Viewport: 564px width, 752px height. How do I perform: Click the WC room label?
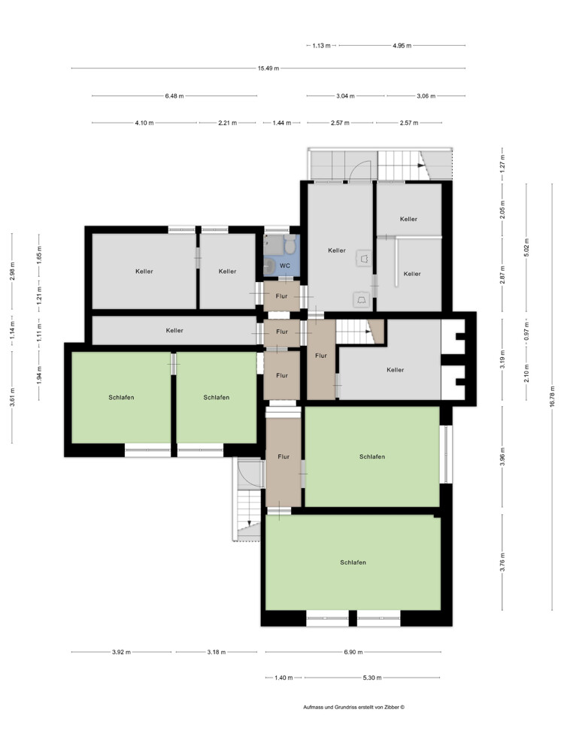click(285, 265)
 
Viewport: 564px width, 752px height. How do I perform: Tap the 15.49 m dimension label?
click(268, 68)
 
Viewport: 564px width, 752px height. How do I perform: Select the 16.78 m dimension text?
click(552, 396)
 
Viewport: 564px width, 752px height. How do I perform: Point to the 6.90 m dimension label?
click(353, 652)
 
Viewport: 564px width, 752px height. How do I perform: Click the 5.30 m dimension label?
click(372, 678)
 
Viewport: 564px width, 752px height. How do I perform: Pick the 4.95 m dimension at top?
click(402, 46)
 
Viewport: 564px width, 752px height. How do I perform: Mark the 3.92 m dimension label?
click(121, 652)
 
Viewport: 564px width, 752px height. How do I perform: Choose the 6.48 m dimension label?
click(174, 96)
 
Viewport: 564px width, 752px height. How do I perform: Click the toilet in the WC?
click(290, 245)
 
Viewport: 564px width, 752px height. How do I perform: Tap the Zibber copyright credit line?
click(354, 707)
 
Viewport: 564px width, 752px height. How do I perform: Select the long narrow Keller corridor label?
click(174, 330)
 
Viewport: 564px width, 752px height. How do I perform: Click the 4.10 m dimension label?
click(144, 123)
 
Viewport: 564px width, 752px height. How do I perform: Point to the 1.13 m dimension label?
click(321, 46)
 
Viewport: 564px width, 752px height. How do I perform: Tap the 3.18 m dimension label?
click(217, 652)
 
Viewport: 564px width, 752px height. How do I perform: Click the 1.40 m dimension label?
click(284, 678)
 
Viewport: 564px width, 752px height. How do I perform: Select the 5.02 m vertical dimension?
click(526, 247)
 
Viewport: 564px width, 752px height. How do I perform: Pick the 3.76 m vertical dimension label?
click(502, 562)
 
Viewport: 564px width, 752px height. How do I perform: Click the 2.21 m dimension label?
click(228, 123)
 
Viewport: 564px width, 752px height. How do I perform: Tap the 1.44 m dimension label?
click(282, 123)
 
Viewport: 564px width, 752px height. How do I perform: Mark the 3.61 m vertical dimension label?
click(13, 397)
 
